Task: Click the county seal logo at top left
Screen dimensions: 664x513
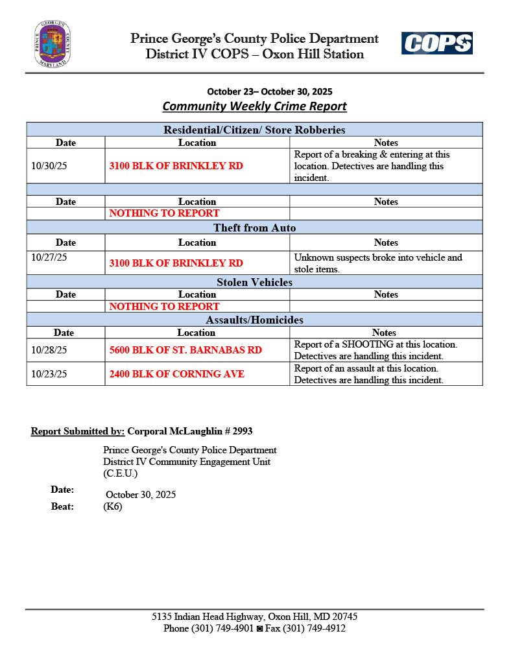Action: [x=53, y=44]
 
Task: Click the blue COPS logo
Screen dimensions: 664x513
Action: [x=436, y=43]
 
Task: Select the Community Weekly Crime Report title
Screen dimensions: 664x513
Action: [x=254, y=106]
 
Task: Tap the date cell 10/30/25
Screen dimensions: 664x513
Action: [x=49, y=166]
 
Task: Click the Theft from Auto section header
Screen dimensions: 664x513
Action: [x=254, y=228]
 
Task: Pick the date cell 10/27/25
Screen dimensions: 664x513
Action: [x=49, y=257]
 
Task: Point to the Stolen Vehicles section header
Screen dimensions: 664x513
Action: [x=254, y=282]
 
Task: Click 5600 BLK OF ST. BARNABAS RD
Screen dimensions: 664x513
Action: [x=185, y=350]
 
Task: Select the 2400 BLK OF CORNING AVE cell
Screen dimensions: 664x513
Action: [x=177, y=374]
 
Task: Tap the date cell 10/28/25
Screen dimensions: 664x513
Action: [x=49, y=350]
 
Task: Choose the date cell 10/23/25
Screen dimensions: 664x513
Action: [x=49, y=374]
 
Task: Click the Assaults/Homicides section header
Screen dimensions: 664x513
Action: [x=254, y=320]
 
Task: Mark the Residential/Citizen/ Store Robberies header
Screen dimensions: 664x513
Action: [x=254, y=130]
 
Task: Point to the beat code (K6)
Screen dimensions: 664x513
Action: [x=113, y=507]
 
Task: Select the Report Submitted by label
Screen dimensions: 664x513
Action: [x=77, y=431]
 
